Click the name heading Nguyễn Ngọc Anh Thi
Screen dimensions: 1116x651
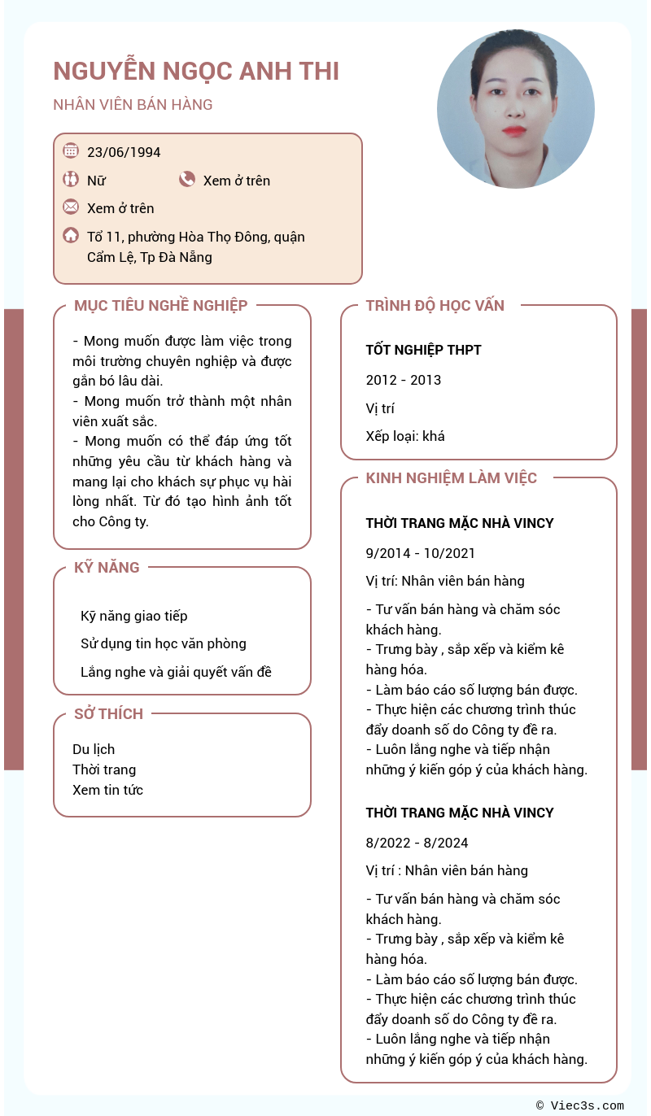[x=196, y=72]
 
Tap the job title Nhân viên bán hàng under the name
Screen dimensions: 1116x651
[x=133, y=105]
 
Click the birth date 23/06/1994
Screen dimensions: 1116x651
[x=124, y=152]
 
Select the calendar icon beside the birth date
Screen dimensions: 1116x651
[x=71, y=150]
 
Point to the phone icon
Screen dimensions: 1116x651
[x=187, y=180]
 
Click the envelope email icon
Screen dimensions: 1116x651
[x=71, y=207]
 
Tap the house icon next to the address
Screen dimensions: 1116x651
[x=71, y=236]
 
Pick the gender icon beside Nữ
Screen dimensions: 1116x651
[x=71, y=180]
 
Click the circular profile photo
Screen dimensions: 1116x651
[x=515, y=110]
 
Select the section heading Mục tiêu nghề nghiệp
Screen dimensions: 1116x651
[x=160, y=306]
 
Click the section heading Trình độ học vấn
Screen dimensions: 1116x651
[x=435, y=306]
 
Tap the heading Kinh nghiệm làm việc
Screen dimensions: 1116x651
[x=451, y=478]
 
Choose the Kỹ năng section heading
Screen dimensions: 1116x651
[x=107, y=568]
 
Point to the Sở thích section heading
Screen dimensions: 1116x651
[x=108, y=714]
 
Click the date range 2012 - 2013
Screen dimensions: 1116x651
[x=404, y=380]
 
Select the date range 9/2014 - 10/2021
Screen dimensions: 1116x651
[x=420, y=553]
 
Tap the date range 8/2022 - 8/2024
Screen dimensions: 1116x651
[x=417, y=843]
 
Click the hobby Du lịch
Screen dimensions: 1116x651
[x=94, y=749]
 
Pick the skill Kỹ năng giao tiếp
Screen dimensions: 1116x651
[x=134, y=616]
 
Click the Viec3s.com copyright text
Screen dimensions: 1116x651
[x=580, y=1105]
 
